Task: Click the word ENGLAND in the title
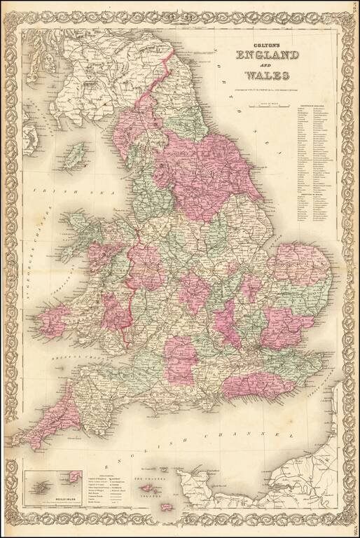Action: click(x=268, y=56)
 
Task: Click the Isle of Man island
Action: click(x=75, y=152)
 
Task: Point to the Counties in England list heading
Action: click(x=314, y=106)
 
